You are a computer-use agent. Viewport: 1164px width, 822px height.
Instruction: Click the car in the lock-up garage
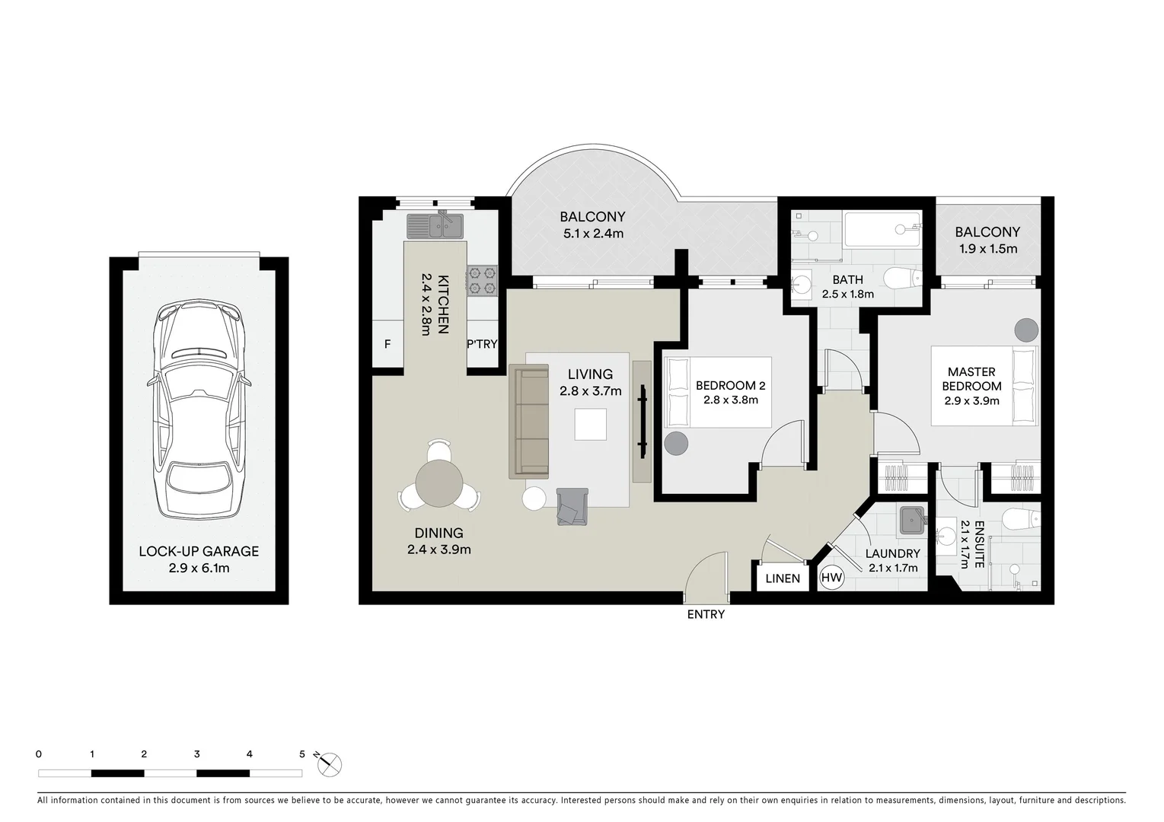coord(199,411)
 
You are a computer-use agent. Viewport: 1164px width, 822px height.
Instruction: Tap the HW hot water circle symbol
coord(832,578)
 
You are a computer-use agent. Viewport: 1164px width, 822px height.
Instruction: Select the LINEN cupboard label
coord(783,578)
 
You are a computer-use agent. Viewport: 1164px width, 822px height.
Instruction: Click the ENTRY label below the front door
coord(706,614)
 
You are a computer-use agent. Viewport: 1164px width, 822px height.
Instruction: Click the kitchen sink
coord(435,226)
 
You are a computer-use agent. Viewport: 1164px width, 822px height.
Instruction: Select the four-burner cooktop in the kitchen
coord(482,279)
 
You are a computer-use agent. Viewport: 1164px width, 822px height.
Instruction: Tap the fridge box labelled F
coord(387,345)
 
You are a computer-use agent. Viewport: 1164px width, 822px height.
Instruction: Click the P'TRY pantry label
coord(482,345)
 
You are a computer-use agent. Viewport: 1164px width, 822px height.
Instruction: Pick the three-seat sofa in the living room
coord(529,422)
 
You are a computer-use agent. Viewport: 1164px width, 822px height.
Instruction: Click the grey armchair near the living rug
coord(572,506)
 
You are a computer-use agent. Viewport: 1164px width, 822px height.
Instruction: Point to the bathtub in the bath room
coord(883,228)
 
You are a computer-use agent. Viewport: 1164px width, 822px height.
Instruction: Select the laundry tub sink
coord(911,521)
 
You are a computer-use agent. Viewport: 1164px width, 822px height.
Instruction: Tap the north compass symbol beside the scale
coord(330,764)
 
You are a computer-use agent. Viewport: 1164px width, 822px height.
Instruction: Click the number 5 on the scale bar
coord(302,754)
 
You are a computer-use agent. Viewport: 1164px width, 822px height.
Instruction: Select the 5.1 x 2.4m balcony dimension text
coord(593,234)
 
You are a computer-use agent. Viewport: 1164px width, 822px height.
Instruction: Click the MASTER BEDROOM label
coord(971,378)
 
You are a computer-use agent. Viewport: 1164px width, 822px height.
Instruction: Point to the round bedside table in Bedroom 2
coord(675,443)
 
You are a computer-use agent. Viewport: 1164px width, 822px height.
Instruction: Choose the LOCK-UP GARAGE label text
coord(199,551)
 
